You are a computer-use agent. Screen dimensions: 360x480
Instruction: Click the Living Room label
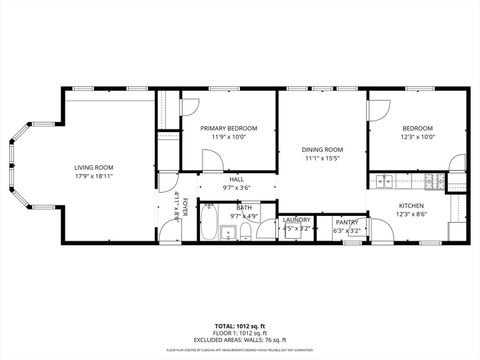93,167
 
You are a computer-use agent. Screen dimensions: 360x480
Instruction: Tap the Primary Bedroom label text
229,129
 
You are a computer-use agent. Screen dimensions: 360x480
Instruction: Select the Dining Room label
322,150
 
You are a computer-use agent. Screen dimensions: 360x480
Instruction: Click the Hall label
236,179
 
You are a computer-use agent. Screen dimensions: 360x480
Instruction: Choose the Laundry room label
296,221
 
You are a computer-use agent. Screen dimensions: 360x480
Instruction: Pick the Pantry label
347,222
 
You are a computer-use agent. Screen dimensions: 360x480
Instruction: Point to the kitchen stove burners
432,181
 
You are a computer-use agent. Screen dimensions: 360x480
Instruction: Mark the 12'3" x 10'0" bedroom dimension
418,137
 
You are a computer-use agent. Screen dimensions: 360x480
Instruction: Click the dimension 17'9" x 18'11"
93,176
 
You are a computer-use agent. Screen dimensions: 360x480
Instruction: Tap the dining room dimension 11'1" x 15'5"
322,158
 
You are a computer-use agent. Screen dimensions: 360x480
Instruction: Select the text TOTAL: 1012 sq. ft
240,325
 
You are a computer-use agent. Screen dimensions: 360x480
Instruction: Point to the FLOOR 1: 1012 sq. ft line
240,332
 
